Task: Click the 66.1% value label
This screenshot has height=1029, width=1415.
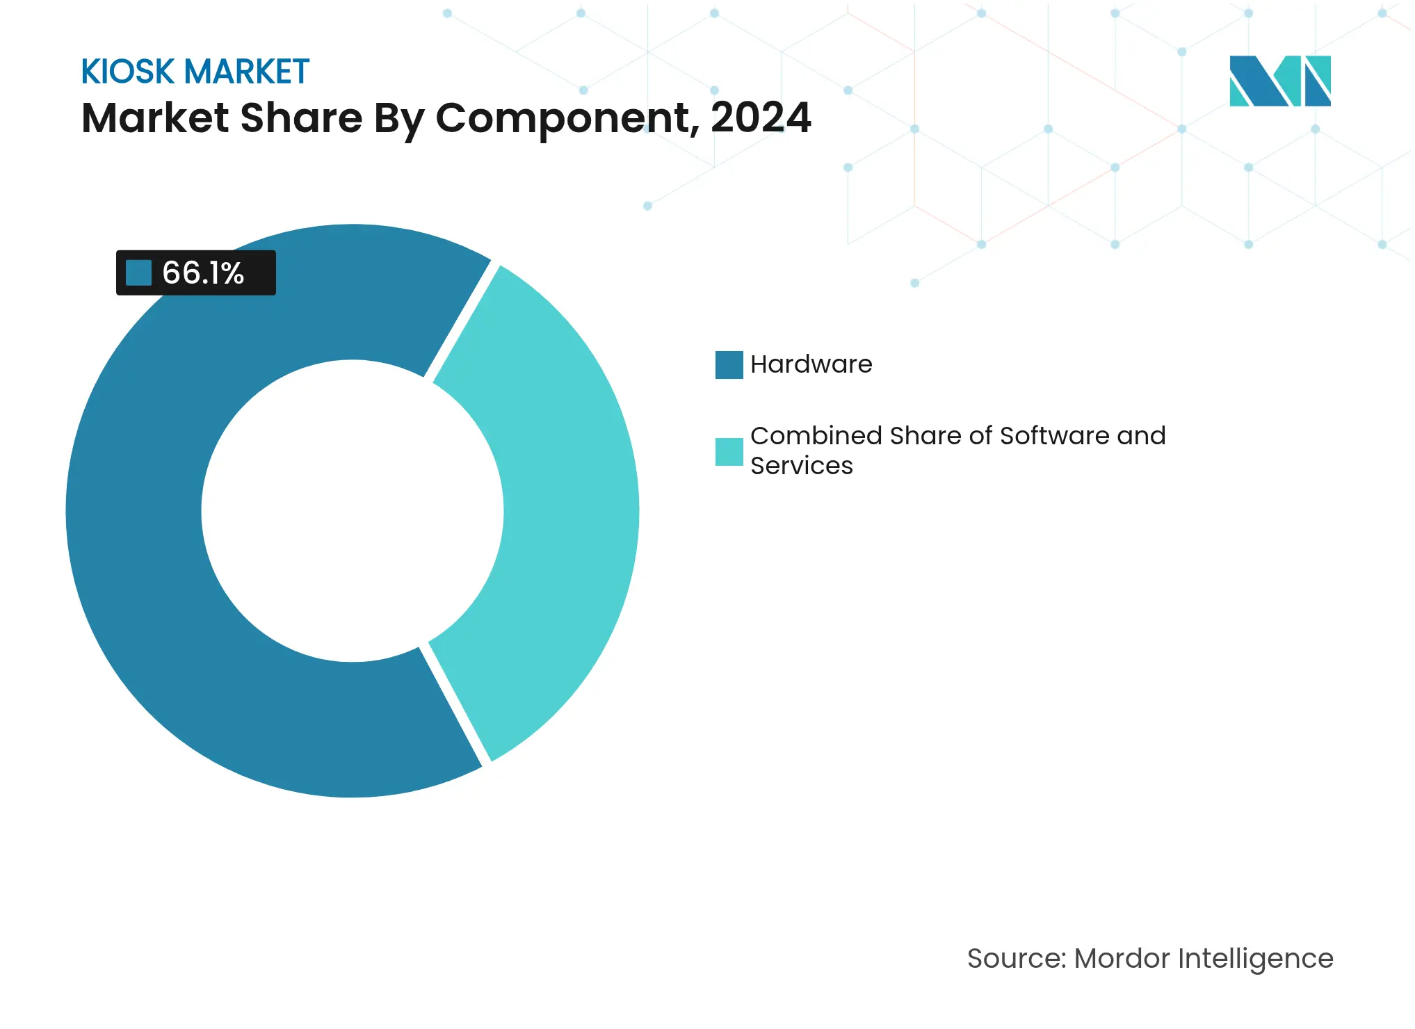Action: (202, 273)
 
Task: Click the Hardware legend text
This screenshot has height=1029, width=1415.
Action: (811, 364)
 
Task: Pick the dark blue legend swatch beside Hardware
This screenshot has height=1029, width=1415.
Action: (729, 365)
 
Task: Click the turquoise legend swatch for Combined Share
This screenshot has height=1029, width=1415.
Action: (729, 452)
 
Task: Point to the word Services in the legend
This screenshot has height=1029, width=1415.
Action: (801, 466)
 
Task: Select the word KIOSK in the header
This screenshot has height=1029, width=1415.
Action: (128, 72)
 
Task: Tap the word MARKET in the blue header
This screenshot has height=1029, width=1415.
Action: (247, 72)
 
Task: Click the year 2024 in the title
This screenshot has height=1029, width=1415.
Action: (760, 118)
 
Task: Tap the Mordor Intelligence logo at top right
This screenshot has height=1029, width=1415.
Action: (1279, 81)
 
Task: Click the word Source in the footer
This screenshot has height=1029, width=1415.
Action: (1016, 958)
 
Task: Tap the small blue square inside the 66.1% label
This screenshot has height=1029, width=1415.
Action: (138, 273)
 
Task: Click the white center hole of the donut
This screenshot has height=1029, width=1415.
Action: (353, 511)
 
